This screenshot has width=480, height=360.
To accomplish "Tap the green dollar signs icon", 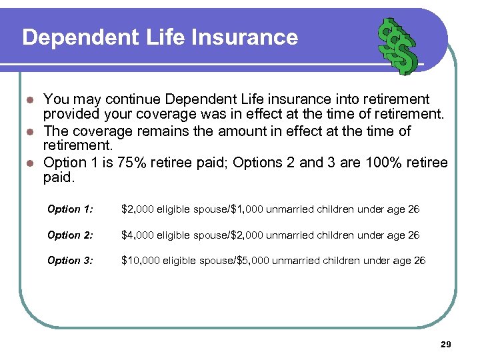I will pos(397,45).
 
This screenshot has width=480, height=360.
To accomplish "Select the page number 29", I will pos(446,344).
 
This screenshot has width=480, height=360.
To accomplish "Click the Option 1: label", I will pos(70,209).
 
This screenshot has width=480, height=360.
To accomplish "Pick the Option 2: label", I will pos(70,235).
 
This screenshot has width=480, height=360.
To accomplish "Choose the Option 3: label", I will pos(70,260).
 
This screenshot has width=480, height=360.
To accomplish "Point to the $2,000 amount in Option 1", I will pos(137,209).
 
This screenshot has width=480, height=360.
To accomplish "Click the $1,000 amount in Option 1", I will pos(247,209).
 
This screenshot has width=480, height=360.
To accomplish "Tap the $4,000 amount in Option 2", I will pos(137,235).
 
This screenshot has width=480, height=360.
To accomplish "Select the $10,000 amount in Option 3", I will pos(140,260).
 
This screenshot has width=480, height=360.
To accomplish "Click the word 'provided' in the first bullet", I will pos(69,114).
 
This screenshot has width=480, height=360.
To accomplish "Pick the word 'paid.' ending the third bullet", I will pos(59,178).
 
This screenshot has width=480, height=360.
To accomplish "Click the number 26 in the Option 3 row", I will pos(419,260).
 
